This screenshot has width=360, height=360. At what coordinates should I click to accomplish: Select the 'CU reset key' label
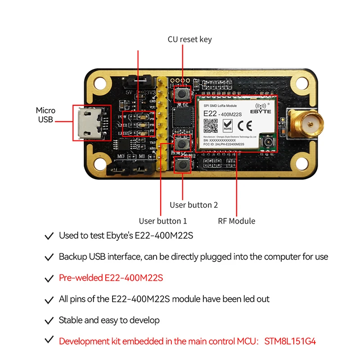click(x=189, y=40)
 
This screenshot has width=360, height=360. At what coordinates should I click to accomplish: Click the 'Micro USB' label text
click(x=46, y=115)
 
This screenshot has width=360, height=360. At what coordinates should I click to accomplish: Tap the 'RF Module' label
click(x=236, y=221)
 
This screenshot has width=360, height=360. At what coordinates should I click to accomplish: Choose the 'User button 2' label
click(x=193, y=205)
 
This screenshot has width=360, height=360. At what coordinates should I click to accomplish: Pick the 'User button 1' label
click(x=162, y=221)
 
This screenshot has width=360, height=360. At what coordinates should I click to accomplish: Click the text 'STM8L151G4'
click(x=290, y=341)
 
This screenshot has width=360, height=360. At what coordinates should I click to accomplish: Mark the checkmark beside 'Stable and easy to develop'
click(x=49, y=320)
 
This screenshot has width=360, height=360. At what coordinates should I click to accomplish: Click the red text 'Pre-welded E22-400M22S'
click(x=111, y=278)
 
